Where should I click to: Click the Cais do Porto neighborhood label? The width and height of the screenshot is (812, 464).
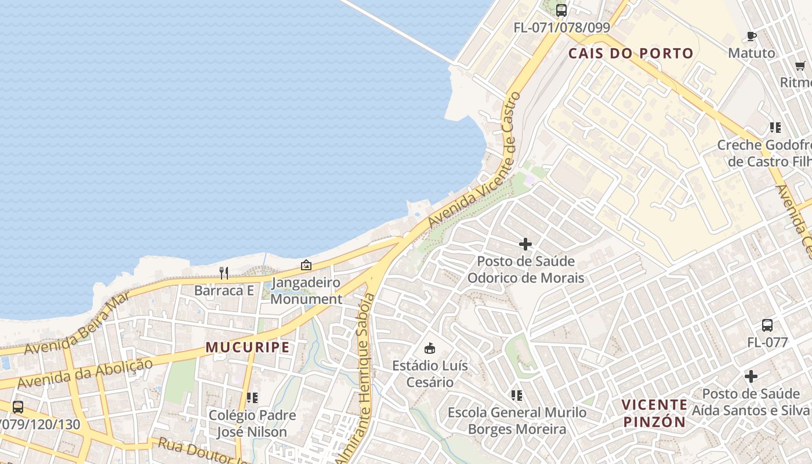click(630, 53)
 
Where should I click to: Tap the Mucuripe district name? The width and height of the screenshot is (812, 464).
click(248, 347)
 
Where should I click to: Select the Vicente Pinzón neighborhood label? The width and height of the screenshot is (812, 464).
click(654, 413)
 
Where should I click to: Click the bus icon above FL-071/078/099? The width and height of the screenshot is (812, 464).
click(561, 10)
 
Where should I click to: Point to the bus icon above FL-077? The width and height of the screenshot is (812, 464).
click(767, 325)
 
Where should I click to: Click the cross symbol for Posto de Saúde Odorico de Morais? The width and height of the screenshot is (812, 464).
click(525, 244)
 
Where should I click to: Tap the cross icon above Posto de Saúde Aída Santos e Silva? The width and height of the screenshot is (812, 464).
click(751, 376)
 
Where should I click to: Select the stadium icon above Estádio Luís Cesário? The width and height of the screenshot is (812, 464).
click(430, 348)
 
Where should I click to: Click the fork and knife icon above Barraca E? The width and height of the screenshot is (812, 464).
click(224, 273)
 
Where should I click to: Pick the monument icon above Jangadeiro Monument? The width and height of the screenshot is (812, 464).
click(306, 265)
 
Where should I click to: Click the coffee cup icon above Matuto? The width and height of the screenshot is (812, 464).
click(752, 36)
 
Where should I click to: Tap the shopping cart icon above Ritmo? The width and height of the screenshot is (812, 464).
click(800, 66)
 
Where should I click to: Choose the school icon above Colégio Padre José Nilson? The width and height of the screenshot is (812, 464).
click(252, 398)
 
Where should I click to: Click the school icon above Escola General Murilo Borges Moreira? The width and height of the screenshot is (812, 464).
click(517, 396)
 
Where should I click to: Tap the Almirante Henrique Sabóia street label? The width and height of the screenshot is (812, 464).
click(364, 377)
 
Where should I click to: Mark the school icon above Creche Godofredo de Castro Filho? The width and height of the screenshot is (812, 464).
click(775, 127)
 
